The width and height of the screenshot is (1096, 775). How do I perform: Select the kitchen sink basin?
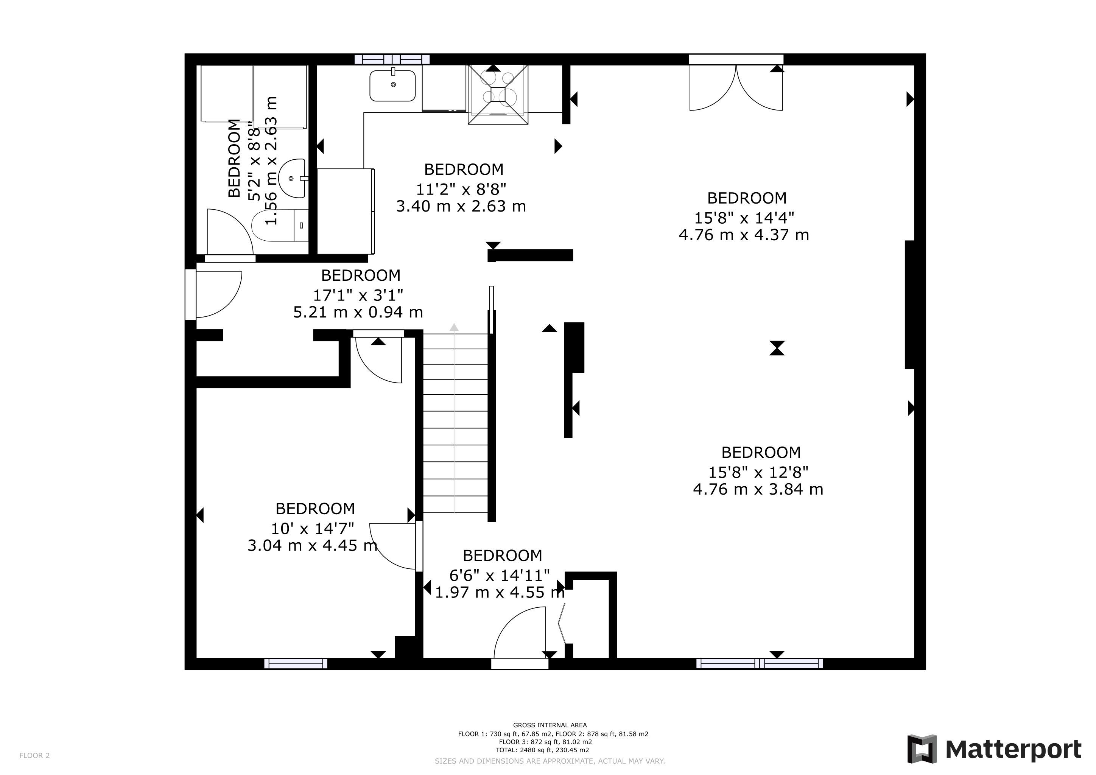coord(393,86)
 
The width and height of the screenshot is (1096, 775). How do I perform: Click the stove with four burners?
coord(498,95)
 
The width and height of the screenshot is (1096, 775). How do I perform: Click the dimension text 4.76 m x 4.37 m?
coord(744,235)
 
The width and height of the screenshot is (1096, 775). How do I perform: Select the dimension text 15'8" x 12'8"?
coord(758,472)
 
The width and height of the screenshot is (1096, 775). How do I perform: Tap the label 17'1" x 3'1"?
coord(358,295)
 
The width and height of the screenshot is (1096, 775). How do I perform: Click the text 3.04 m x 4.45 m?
coord(313,545)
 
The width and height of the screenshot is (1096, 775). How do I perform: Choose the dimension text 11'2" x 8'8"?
coord(461,190)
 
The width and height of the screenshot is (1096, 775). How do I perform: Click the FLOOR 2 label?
coord(34,755)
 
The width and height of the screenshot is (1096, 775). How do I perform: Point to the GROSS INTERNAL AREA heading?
coord(550,725)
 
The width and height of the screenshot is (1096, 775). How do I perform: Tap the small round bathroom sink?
coord(292,178)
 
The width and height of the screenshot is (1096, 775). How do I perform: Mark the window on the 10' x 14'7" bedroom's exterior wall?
coord(296,663)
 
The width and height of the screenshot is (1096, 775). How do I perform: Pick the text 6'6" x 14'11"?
coord(499,575)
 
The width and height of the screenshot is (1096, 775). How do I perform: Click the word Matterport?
coord(1013,749)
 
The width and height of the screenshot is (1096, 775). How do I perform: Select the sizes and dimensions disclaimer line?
coord(550,761)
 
